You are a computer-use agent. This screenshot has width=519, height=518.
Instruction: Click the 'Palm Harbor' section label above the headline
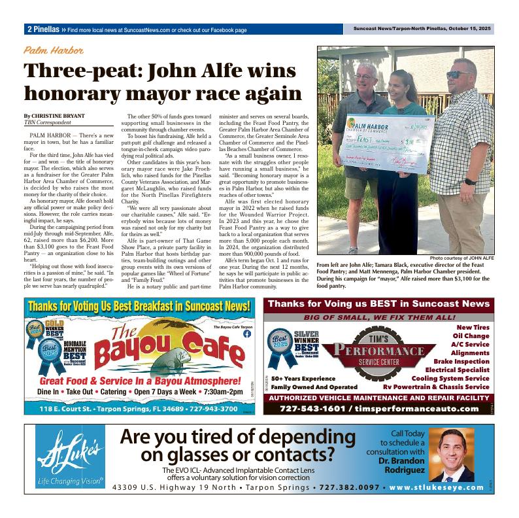tap(54, 50)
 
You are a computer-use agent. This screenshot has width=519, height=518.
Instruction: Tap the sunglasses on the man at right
tap(458, 75)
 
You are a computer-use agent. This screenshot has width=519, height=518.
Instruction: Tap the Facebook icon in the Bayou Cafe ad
tap(247, 334)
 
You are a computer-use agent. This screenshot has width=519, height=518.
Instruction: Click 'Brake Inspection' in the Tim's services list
tap(461, 361)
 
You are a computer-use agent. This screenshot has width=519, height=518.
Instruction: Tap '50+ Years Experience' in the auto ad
tap(312, 379)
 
